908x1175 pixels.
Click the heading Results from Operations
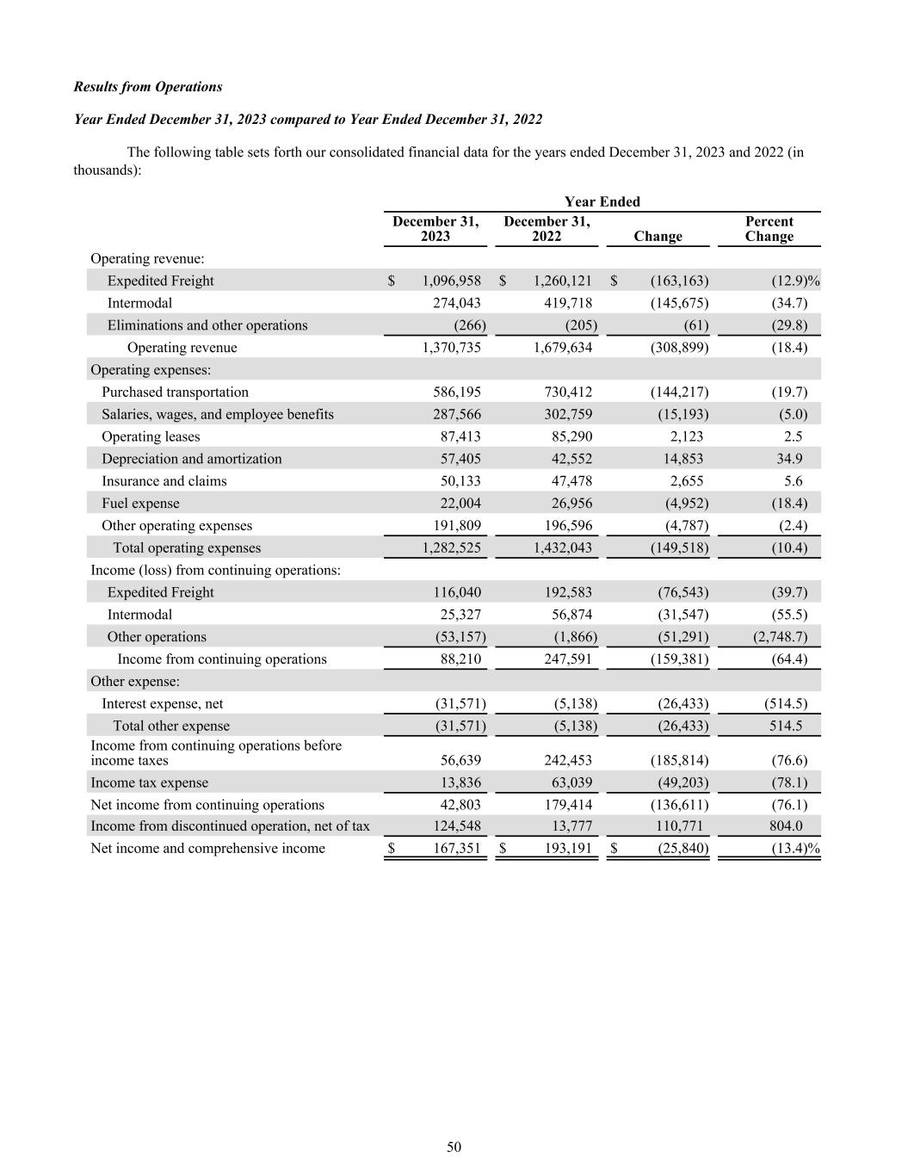click(148, 87)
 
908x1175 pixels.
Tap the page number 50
click(454, 1147)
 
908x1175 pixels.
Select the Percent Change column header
click(769, 229)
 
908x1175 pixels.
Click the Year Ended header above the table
click(602, 201)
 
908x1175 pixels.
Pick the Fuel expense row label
click(140, 504)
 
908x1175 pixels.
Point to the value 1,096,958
click(452, 281)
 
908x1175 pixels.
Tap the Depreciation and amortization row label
click(191, 459)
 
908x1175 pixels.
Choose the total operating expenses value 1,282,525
click(452, 548)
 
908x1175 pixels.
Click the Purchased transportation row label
click(175, 393)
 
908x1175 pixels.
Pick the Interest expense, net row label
click(162, 704)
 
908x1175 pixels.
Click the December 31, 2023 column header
click(435, 229)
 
